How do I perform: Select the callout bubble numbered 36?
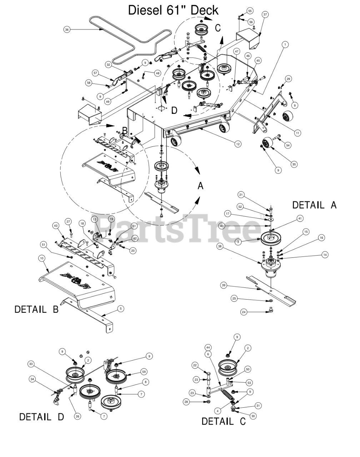[x=66, y=30]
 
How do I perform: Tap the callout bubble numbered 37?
[x=265, y=15]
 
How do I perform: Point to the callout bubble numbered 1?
[x=285, y=44]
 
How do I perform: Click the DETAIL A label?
[x=314, y=205]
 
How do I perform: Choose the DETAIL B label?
[x=36, y=309]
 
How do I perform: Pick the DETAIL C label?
[x=224, y=421]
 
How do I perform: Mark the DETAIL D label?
[x=41, y=417]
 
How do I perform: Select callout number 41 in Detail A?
[x=300, y=218]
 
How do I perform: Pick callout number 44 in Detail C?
[x=207, y=347]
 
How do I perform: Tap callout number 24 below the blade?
[x=244, y=312]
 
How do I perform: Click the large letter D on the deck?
[x=174, y=110]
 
